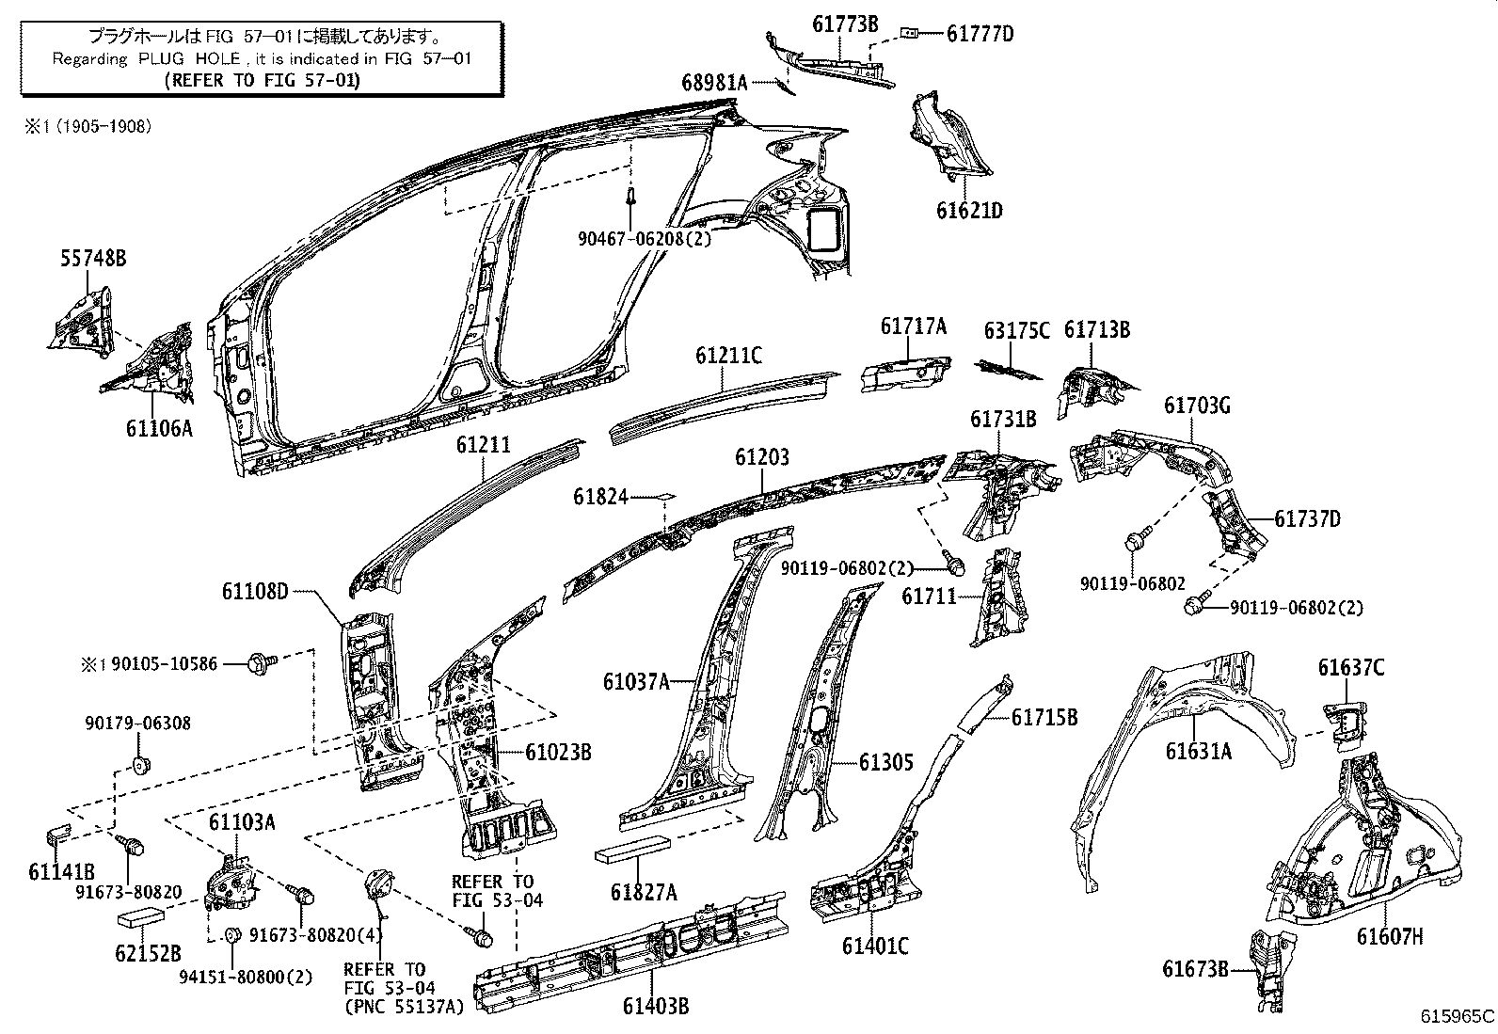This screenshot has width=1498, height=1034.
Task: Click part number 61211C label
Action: (x=728, y=356)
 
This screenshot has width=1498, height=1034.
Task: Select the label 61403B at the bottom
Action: (x=655, y=1007)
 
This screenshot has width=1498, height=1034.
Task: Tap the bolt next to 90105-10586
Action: (x=260, y=664)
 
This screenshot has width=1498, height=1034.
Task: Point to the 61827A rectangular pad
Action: (x=631, y=850)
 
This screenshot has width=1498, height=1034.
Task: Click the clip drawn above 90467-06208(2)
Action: (x=632, y=199)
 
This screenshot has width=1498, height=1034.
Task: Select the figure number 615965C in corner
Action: (x=1457, y=1016)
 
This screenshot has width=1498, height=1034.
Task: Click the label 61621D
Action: (x=968, y=210)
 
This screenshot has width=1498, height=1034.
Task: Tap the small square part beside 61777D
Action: (x=909, y=33)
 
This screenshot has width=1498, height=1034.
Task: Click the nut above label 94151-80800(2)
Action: (x=231, y=934)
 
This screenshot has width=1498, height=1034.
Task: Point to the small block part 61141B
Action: (x=59, y=834)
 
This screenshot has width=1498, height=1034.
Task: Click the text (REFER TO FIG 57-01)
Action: (x=261, y=80)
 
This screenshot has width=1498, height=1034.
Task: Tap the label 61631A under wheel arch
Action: (x=1198, y=751)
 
